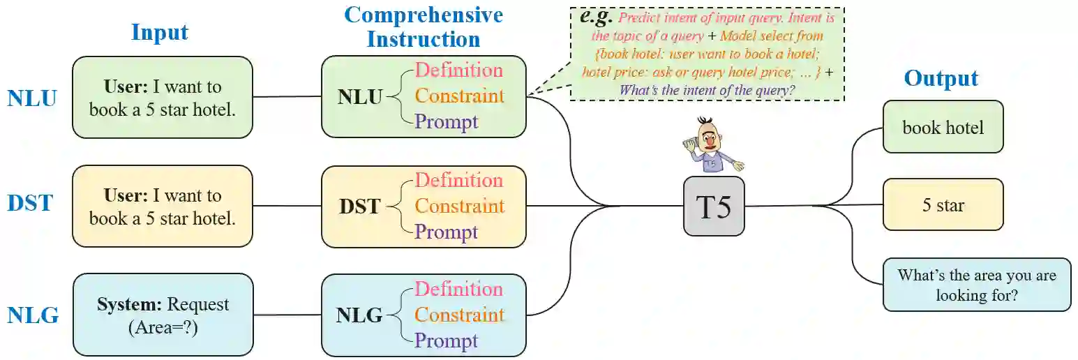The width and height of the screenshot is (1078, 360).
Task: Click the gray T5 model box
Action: pyautogui.click(x=713, y=206)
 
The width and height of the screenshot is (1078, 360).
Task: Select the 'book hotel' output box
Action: pyautogui.click(x=943, y=127)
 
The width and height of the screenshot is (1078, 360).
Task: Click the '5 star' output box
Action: pyautogui.click(x=943, y=205)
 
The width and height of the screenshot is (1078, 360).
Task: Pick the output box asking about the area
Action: pyautogui.click(x=976, y=285)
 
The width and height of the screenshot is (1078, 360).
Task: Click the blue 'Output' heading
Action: pyautogui.click(x=941, y=78)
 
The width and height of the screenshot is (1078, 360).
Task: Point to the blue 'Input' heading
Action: pyautogui.click(x=160, y=33)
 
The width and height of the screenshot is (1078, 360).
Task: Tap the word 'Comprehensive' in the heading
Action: pyautogui.click(x=424, y=15)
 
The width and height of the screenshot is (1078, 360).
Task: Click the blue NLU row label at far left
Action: pyautogui.click(x=32, y=98)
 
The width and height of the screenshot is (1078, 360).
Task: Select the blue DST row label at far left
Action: pyautogui.click(x=31, y=203)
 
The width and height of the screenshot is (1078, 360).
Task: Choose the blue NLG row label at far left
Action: pyautogui.click(x=33, y=315)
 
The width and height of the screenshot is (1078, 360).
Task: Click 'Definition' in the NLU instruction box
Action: pyautogui.click(x=458, y=70)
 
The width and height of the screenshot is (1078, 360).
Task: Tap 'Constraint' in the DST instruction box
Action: pyautogui.click(x=459, y=206)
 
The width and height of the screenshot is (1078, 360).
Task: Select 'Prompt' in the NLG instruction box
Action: pyautogui.click(x=446, y=340)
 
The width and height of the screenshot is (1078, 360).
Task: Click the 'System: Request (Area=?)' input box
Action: pyautogui.click(x=163, y=315)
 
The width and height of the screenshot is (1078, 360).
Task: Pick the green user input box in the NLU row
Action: pyautogui.click(x=163, y=98)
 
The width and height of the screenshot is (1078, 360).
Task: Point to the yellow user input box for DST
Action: pyautogui.click(x=163, y=206)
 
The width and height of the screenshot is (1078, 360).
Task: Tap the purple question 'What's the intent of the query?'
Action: pyautogui.click(x=708, y=90)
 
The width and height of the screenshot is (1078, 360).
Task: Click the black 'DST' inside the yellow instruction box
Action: pyautogui.click(x=359, y=206)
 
